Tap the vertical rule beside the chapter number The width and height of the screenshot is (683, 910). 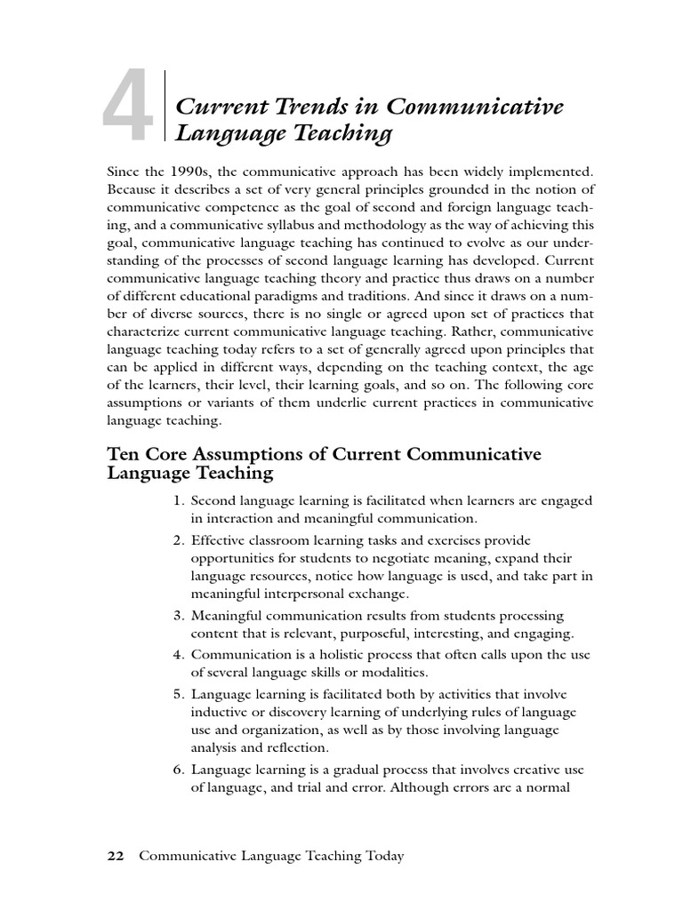point(165,105)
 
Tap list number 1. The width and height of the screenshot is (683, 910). point(179,500)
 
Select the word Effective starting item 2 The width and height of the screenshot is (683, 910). point(219,540)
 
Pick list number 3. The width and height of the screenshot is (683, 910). point(179,616)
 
